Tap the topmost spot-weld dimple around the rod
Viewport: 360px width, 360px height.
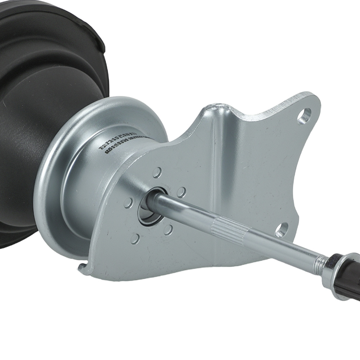point(157,172)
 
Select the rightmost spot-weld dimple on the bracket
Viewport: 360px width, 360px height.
point(181,192)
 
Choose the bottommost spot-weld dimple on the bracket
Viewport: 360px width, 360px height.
point(135,238)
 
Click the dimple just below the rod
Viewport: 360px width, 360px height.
point(168,230)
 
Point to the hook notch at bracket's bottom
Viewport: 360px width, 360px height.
point(84,268)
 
